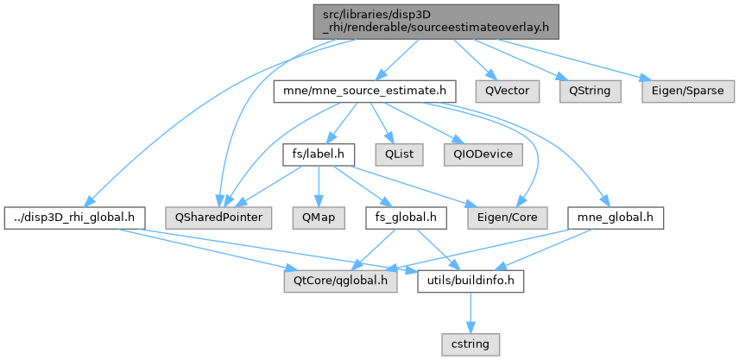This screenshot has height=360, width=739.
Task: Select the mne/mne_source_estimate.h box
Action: [363, 90]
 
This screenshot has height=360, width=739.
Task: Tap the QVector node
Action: [506, 90]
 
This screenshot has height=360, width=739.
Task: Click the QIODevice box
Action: [477, 155]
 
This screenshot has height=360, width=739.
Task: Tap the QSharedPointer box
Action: [221, 218]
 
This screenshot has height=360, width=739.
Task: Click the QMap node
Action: [319, 218]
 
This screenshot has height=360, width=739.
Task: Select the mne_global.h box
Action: [616, 218]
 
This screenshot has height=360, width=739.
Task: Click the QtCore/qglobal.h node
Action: [340, 281]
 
